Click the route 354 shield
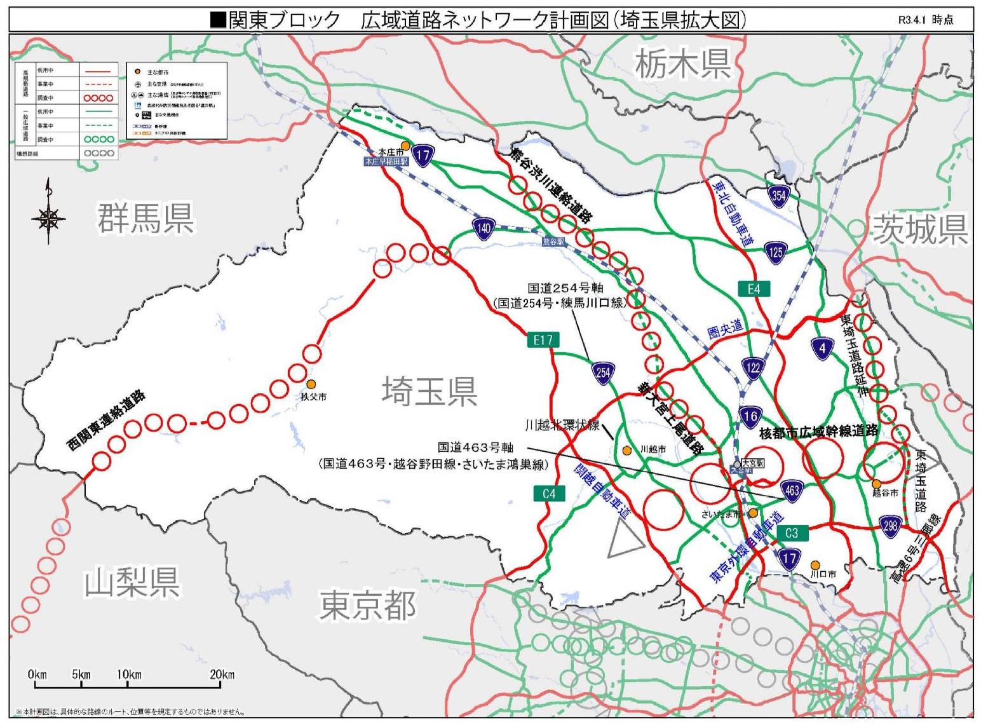click(778, 195)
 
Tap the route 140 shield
click(484, 228)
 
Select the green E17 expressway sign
click(543, 340)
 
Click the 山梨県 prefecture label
click(132, 581)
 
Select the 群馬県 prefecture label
click(145, 218)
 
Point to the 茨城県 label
click(920, 229)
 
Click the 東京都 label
click(367, 604)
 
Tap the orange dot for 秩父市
click(311, 384)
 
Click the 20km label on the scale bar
click(222, 674)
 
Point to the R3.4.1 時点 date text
click(925, 20)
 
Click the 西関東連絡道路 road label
click(107, 421)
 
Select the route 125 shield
click(775, 252)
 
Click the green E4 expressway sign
click(754, 289)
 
